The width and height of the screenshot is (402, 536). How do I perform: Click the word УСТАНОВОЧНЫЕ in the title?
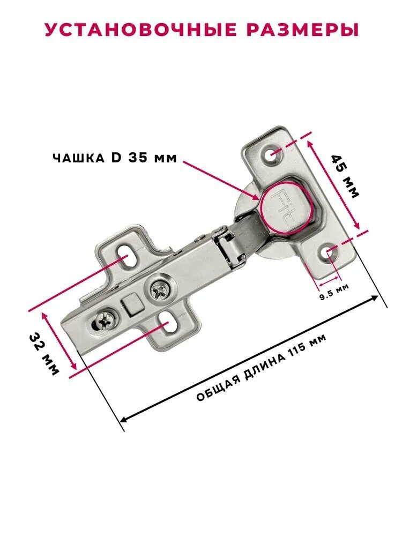140,29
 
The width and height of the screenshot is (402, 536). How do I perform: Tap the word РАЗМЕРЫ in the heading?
302,29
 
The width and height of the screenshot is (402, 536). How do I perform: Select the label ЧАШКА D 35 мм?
115,158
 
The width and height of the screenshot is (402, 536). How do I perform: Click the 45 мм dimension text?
345,176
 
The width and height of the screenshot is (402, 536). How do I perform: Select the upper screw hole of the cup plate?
273,155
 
